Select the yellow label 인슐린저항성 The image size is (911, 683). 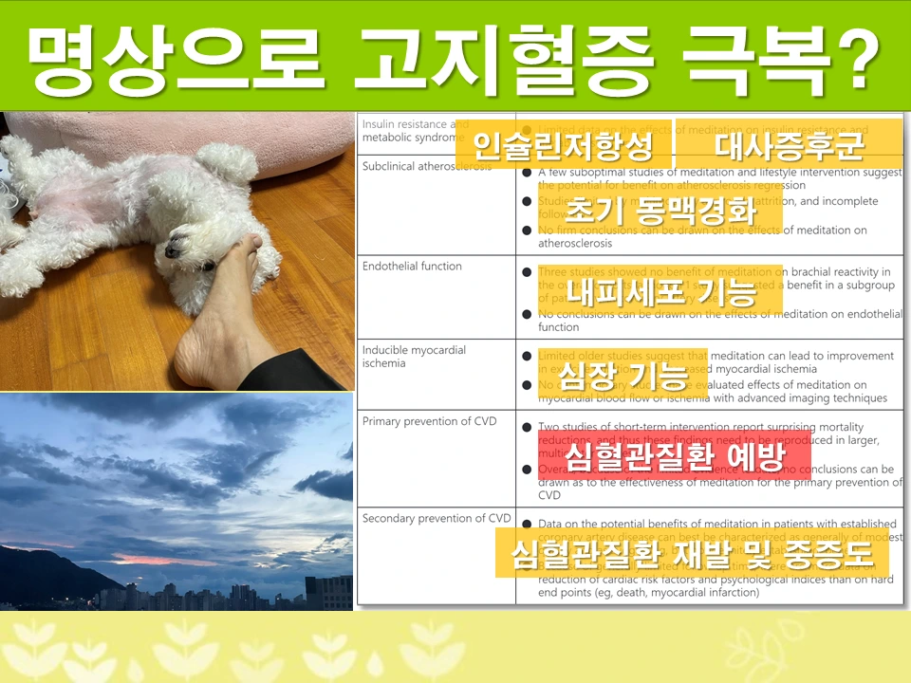tap(564, 145)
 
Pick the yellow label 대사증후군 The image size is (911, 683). tap(790, 145)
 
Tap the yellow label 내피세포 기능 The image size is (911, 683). tap(660, 290)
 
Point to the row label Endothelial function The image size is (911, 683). tap(412, 267)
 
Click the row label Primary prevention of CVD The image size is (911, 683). tap(429, 421)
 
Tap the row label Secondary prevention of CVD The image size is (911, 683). tap(437, 519)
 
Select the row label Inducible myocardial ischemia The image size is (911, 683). tap(414, 357)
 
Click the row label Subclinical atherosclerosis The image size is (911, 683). tap(426, 166)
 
